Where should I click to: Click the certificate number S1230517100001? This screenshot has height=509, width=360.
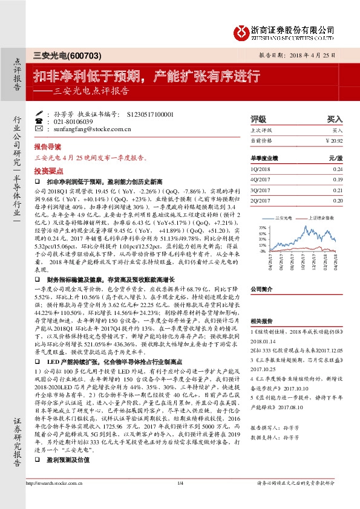click(150, 114)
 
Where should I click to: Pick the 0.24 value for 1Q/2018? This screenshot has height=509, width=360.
click(338, 169)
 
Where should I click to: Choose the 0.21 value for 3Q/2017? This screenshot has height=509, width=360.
click(338, 189)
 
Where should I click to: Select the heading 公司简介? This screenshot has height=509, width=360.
click(263, 289)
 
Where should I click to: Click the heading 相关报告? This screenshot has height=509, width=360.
click(261, 321)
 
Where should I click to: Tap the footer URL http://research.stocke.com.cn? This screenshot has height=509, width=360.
click(53, 499)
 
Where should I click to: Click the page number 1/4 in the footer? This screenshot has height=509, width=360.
click(180, 499)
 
